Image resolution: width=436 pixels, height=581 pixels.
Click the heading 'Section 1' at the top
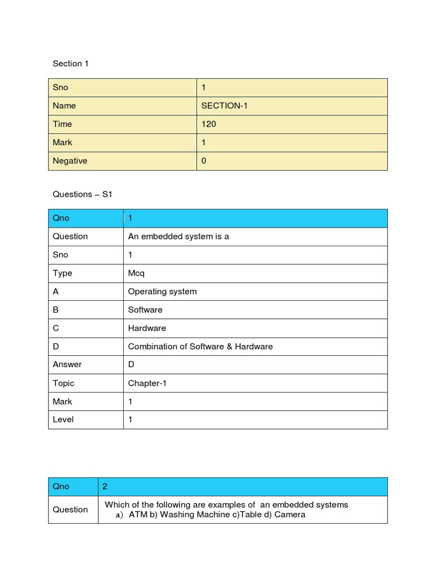click(70, 64)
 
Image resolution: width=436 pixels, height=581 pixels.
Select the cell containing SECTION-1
click(224, 106)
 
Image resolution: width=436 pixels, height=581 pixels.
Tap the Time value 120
click(208, 124)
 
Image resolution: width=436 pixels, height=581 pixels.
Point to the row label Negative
click(70, 161)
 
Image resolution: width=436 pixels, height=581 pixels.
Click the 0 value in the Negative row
click(204, 161)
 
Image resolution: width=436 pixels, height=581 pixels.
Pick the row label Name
click(64, 106)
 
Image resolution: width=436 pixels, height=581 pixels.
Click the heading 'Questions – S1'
click(83, 194)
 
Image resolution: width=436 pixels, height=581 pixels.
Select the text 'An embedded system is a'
click(178, 236)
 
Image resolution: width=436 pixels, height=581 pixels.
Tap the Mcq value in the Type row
click(136, 273)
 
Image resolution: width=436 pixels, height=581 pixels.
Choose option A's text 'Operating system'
click(162, 291)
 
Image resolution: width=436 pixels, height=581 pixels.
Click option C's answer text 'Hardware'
click(147, 328)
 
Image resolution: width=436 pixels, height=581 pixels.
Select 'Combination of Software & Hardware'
click(200, 346)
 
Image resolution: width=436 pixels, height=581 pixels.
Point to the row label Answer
click(67, 364)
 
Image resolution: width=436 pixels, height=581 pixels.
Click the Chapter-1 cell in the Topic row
click(148, 383)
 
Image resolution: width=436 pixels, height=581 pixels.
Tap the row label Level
click(63, 419)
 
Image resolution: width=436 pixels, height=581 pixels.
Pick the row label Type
click(62, 273)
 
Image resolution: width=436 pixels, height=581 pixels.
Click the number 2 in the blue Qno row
click(105, 486)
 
